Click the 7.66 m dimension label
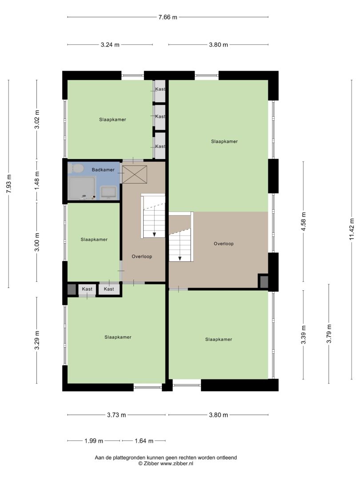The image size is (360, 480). click(168, 17)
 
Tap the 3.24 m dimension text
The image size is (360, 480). click(110, 45)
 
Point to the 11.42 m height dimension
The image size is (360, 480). click(352, 229)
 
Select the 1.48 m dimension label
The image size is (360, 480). click(37, 180)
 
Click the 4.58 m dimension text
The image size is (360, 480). click(304, 221)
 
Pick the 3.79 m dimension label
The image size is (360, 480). click(329, 334)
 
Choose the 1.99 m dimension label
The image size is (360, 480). click(94, 441)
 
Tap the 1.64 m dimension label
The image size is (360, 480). click(144, 441)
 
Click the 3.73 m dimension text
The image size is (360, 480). click(116, 415)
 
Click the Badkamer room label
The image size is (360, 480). click(103, 170)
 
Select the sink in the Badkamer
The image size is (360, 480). click(108, 192)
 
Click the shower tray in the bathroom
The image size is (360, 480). click(82, 188)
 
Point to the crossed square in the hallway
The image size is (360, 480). click(135, 175)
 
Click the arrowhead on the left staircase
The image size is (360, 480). click(154, 235)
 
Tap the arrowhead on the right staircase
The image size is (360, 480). click(180, 258)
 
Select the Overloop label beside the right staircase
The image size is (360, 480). click(224, 244)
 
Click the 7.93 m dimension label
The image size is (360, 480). click(9, 184)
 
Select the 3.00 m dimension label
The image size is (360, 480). click(37, 242)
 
